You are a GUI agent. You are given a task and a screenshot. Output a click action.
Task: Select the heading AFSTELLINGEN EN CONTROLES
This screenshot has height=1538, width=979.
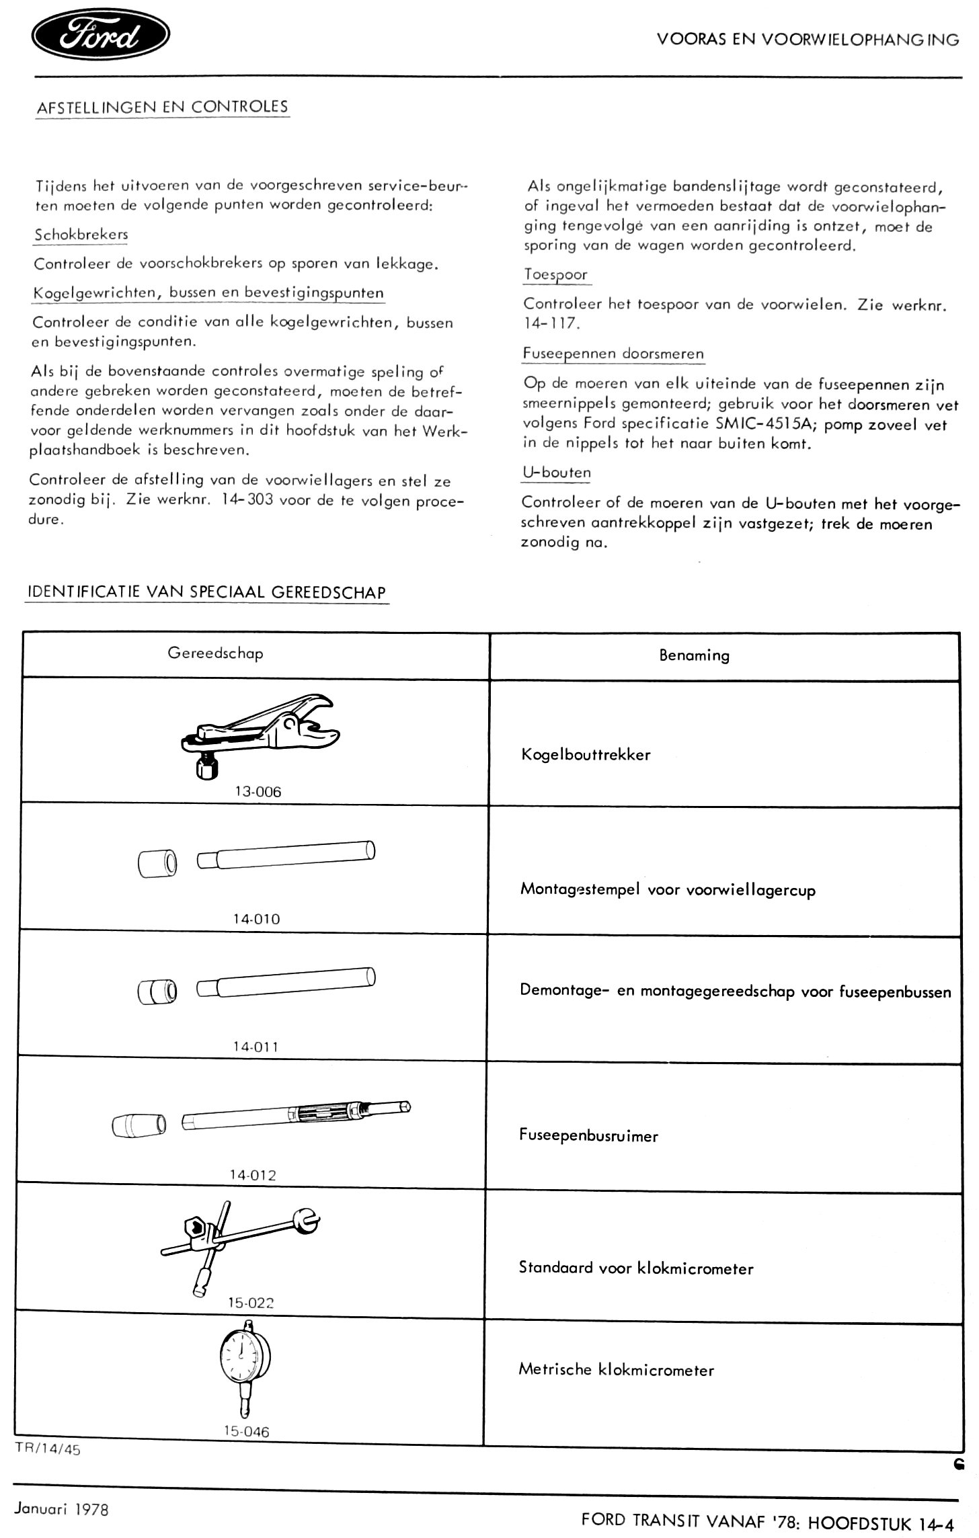(162, 107)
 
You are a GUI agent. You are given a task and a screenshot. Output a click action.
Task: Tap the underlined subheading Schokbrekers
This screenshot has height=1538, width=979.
(81, 235)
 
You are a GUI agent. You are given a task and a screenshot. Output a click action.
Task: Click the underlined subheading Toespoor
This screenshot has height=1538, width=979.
(555, 274)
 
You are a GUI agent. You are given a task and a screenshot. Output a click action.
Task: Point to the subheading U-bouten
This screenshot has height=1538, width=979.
(556, 472)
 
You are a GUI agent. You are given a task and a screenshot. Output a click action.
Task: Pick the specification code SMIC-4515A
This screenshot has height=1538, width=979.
(758, 425)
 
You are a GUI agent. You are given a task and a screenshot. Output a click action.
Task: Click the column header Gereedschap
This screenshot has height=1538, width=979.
(215, 653)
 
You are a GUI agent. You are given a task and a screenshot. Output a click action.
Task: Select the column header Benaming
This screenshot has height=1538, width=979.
(694, 655)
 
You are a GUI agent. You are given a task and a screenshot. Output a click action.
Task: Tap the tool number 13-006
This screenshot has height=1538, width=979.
(258, 791)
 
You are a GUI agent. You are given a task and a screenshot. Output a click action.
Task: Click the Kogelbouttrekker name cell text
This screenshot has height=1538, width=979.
(586, 754)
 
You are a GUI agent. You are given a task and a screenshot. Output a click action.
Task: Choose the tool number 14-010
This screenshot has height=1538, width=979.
(256, 919)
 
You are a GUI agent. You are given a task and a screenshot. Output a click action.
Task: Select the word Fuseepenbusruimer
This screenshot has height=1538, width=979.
(588, 1135)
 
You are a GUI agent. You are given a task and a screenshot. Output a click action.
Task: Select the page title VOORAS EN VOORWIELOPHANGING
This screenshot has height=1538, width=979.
(808, 40)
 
